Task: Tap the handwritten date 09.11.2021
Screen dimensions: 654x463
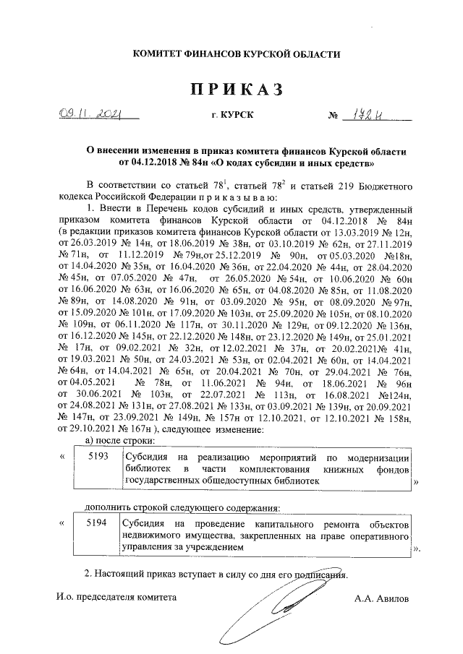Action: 91,114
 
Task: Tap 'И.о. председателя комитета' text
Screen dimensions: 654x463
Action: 116,598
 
